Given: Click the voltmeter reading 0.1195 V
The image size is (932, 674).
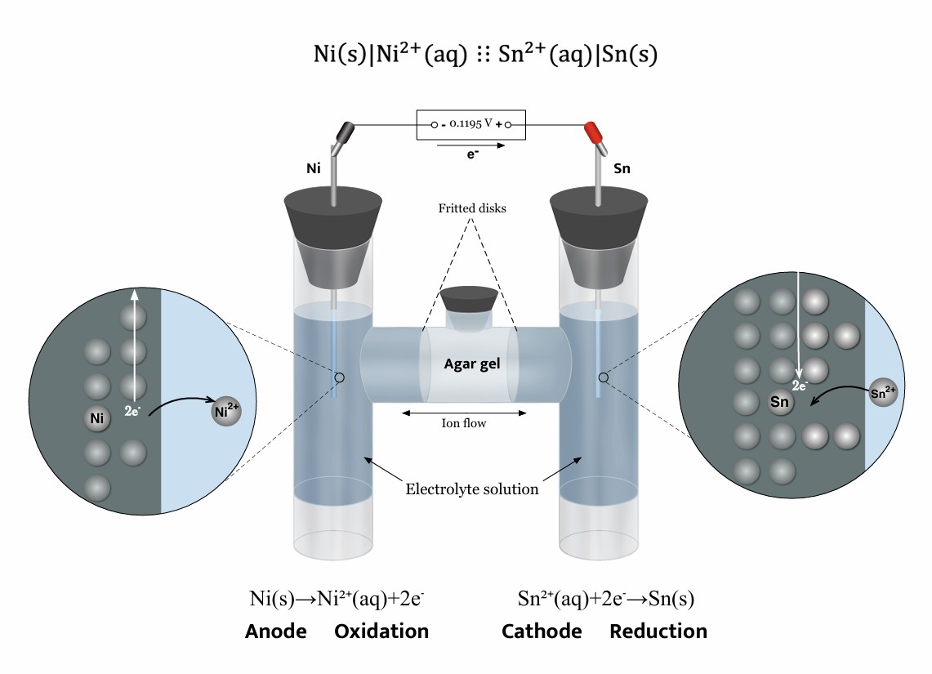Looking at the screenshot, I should (470, 125).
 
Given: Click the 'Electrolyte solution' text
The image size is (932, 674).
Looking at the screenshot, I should (471, 489).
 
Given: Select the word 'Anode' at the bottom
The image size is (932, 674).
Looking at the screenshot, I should (276, 632).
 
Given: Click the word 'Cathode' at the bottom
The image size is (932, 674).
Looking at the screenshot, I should (542, 632).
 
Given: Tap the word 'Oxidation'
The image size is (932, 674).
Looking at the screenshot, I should (381, 632).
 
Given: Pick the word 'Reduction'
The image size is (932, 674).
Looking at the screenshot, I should (658, 632).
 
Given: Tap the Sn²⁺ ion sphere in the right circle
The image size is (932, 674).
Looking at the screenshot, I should (883, 391).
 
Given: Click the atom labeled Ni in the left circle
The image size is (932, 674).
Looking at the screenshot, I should (97, 420).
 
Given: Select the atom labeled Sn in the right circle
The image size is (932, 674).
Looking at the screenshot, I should (780, 402).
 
